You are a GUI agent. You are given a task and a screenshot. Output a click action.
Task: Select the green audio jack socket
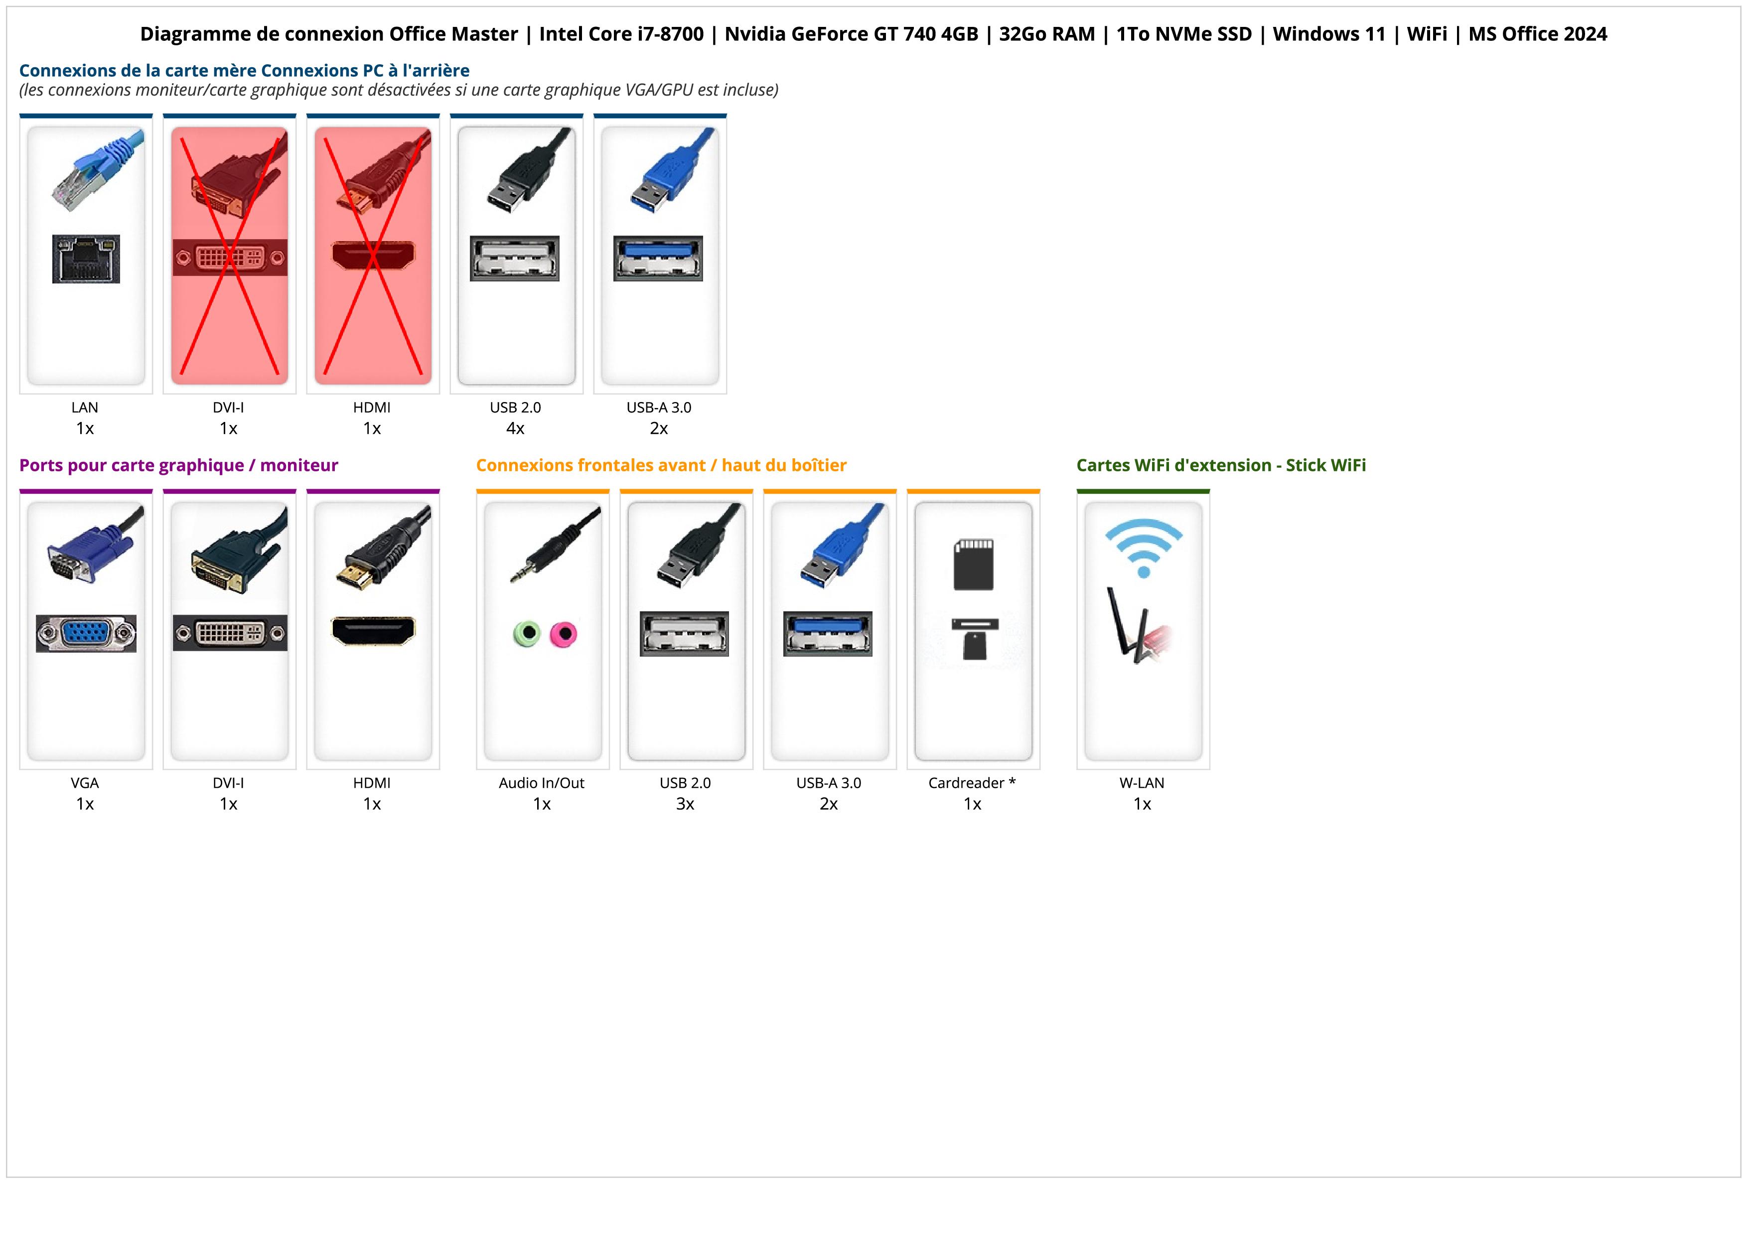(x=526, y=633)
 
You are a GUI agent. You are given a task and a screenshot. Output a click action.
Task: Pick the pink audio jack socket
(x=564, y=633)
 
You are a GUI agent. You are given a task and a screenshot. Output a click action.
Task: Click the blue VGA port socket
(x=86, y=633)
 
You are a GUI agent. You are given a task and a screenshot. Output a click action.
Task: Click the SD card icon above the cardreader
(x=973, y=564)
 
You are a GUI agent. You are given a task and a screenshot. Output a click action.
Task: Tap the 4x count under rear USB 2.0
(x=515, y=428)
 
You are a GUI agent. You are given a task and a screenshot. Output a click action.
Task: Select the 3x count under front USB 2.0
(x=685, y=804)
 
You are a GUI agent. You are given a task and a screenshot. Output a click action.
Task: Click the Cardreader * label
(x=972, y=783)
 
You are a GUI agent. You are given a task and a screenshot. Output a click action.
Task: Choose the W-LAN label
(x=1142, y=783)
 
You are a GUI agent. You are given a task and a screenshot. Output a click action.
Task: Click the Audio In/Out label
(x=541, y=783)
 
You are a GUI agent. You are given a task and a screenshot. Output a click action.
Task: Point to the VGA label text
(x=85, y=783)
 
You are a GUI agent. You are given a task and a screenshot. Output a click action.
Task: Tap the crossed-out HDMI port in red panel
(x=373, y=255)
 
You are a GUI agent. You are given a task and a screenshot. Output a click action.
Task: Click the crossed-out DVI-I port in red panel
(x=229, y=257)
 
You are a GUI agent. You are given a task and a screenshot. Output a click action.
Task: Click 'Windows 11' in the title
(x=1329, y=34)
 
